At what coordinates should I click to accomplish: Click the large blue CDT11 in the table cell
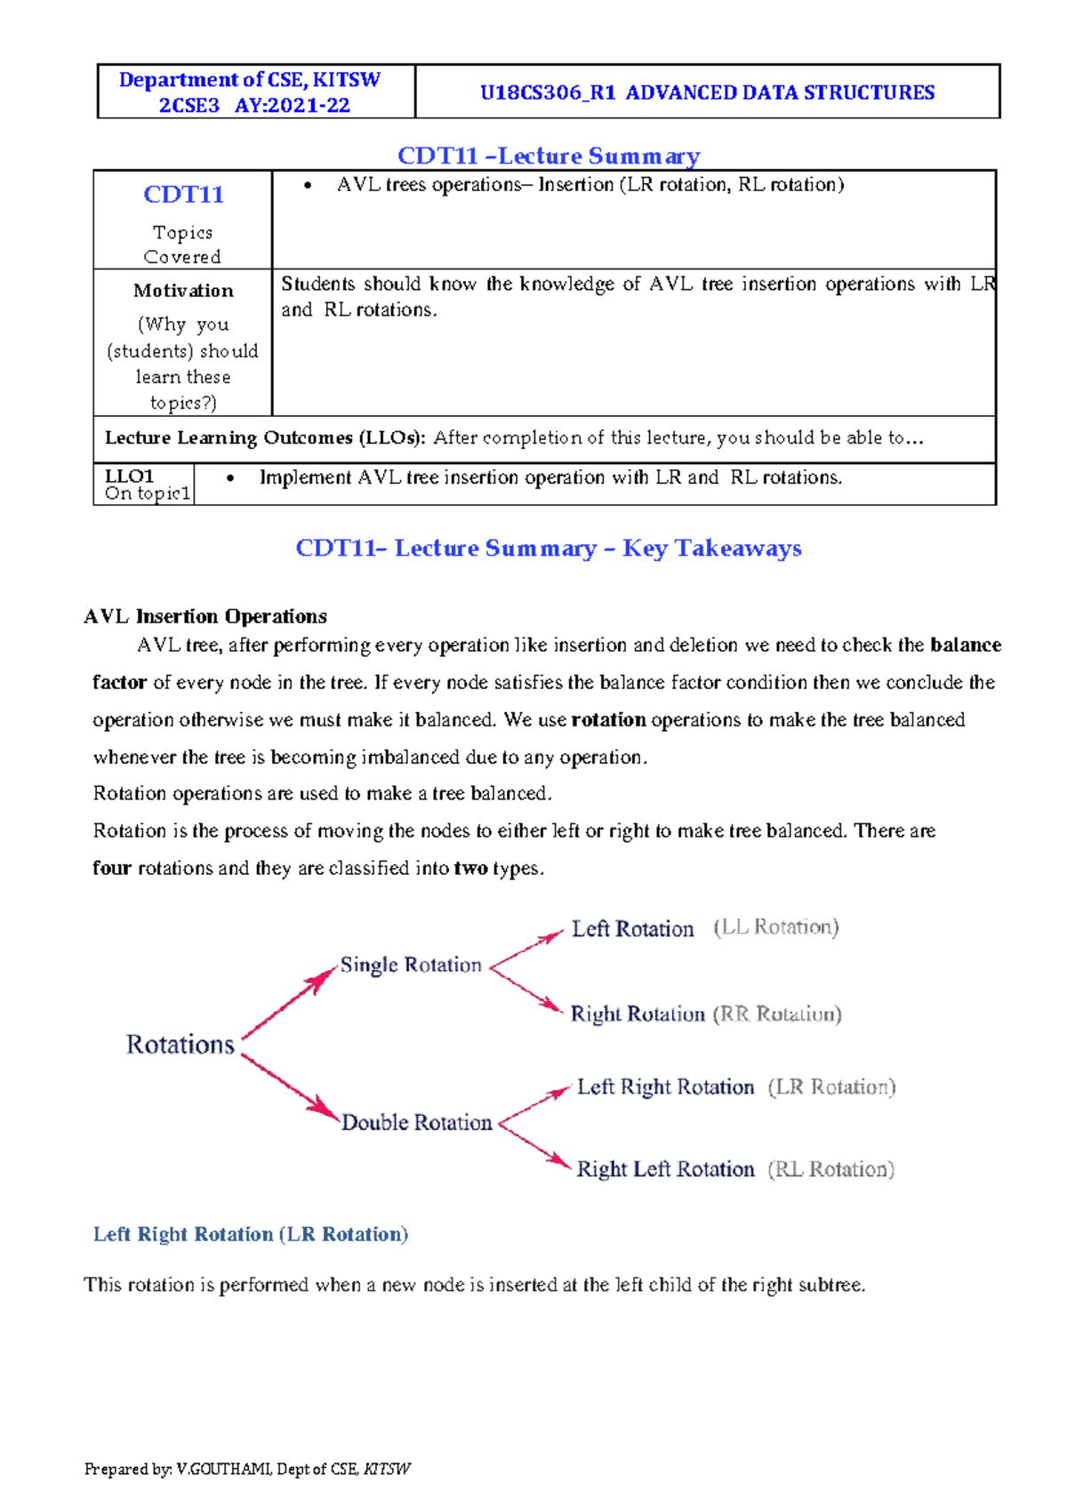tap(183, 195)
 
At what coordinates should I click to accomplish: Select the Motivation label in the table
tap(183, 291)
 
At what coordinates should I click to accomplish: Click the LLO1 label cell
tap(130, 477)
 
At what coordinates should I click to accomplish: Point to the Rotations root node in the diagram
tap(181, 1045)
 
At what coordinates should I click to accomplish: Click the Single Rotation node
tap(411, 966)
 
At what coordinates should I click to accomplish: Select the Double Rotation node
tap(417, 1123)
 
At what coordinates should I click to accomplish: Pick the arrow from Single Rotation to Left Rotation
tap(527, 949)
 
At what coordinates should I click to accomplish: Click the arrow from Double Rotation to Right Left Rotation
tap(534, 1147)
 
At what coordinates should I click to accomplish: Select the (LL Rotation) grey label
tap(776, 927)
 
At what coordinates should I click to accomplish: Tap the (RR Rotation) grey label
tap(777, 1015)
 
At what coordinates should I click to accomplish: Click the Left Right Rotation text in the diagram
tap(665, 1087)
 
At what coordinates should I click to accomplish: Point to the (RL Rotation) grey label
tap(831, 1169)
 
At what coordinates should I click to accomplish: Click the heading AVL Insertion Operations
tap(205, 616)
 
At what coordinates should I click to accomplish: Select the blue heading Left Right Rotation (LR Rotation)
tap(251, 1234)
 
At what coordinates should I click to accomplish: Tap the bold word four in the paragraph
tap(112, 868)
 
